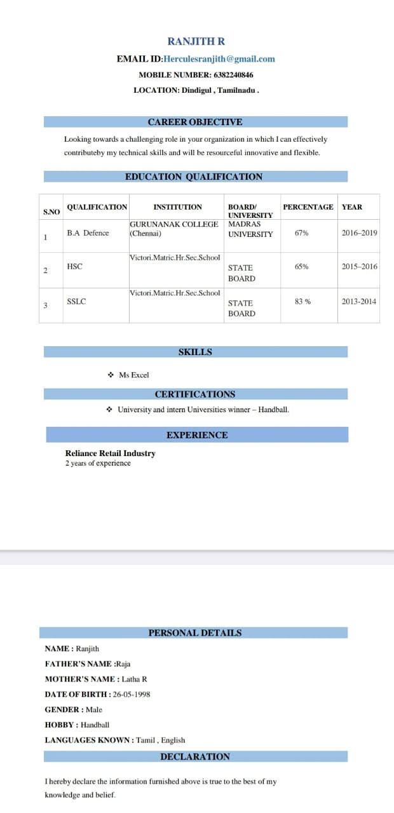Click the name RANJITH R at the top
[x=196, y=41]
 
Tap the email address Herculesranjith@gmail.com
[x=219, y=59]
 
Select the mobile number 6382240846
[x=229, y=75]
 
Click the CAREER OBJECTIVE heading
[x=195, y=122]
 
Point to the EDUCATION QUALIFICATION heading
[x=194, y=177]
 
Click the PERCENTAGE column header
[x=308, y=207]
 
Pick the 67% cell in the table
[x=302, y=233]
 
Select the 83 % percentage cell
[x=303, y=302]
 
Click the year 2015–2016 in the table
[x=359, y=267]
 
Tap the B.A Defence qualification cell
[x=88, y=233]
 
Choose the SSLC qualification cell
[x=76, y=302]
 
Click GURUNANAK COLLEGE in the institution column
[x=174, y=224]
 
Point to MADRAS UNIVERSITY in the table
[x=250, y=229]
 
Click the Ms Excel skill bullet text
[x=133, y=375]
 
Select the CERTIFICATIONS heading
[x=195, y=394]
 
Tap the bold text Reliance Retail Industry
[x=110, y=454]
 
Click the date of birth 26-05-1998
[x=132, y=694]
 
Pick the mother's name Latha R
[x=135, y=679]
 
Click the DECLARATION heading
[x=195, y=756]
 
